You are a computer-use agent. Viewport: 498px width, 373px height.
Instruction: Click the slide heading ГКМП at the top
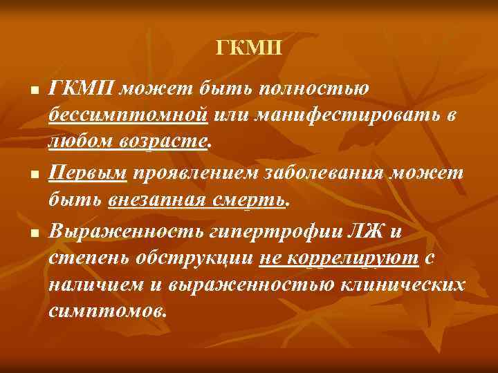(x=249, y=49)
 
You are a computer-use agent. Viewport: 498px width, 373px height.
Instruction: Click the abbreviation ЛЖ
(x=357, y=231)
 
